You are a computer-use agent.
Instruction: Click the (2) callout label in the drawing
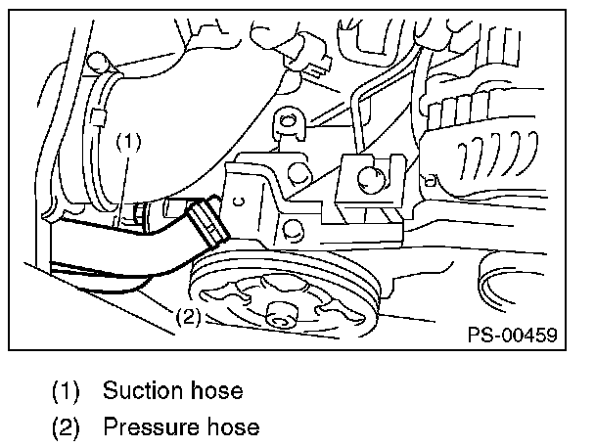click(189, 316)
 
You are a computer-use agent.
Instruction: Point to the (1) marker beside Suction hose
click(67, 391)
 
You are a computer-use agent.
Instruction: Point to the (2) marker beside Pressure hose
click(67, 427)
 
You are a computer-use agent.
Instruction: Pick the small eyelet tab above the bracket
click(287, 123)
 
